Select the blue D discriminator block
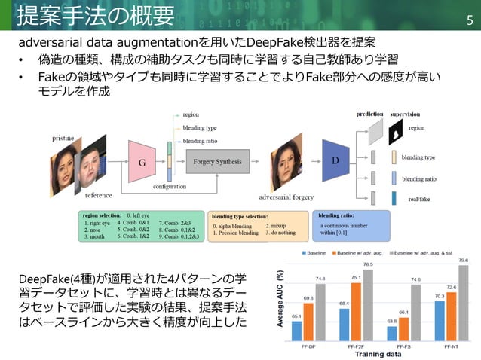336,160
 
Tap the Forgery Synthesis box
217,162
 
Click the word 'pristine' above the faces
63,139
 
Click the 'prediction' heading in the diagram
369,114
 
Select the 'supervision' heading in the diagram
405,114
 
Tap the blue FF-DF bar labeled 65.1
296,330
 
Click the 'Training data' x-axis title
379,354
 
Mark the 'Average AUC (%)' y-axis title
280,299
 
